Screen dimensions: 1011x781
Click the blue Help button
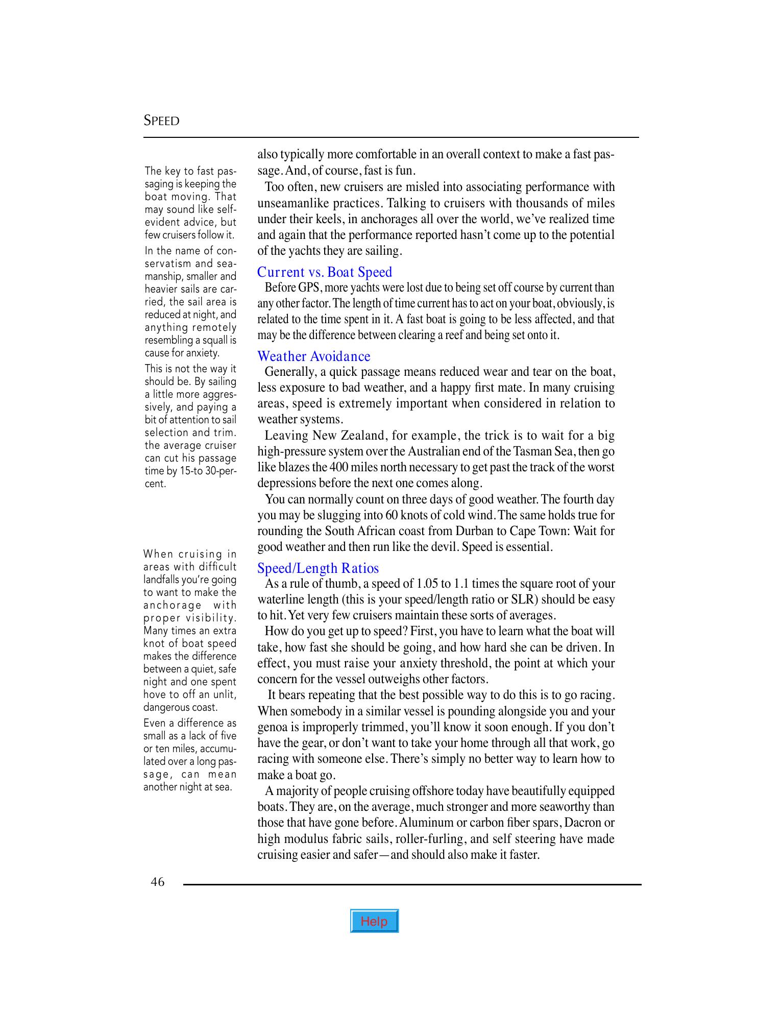[374, 921]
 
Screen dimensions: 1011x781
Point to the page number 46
[158, 882]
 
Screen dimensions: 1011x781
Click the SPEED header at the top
[161, 121]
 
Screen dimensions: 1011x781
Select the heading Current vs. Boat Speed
[325, 272]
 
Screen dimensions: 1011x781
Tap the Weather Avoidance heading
[313, 356]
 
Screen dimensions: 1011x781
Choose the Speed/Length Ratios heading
[318, 568]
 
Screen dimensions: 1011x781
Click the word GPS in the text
[309, 287]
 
